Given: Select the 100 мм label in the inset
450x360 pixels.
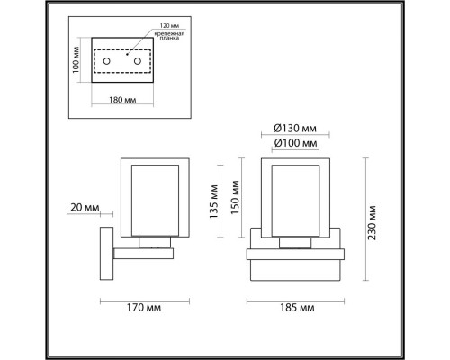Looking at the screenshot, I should tap(76, 60).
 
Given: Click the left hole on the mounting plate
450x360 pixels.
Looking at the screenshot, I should tap(107, 60).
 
